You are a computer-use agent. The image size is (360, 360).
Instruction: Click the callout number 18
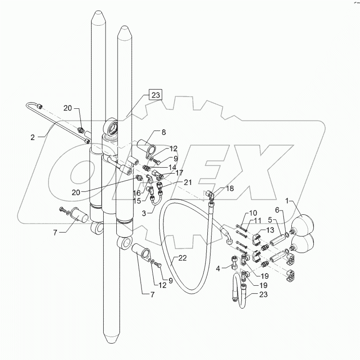[216, 189]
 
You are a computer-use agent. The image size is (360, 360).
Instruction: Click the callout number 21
[175, 182]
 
